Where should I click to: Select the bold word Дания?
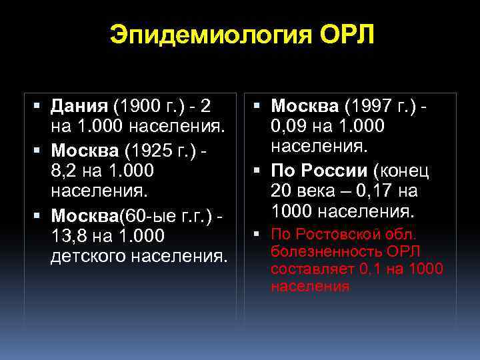[x=79, y=106]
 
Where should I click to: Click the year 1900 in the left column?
[x=137, y=106]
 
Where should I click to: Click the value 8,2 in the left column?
[x=64, y=171]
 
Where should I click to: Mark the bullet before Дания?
[x=36, y=106]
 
